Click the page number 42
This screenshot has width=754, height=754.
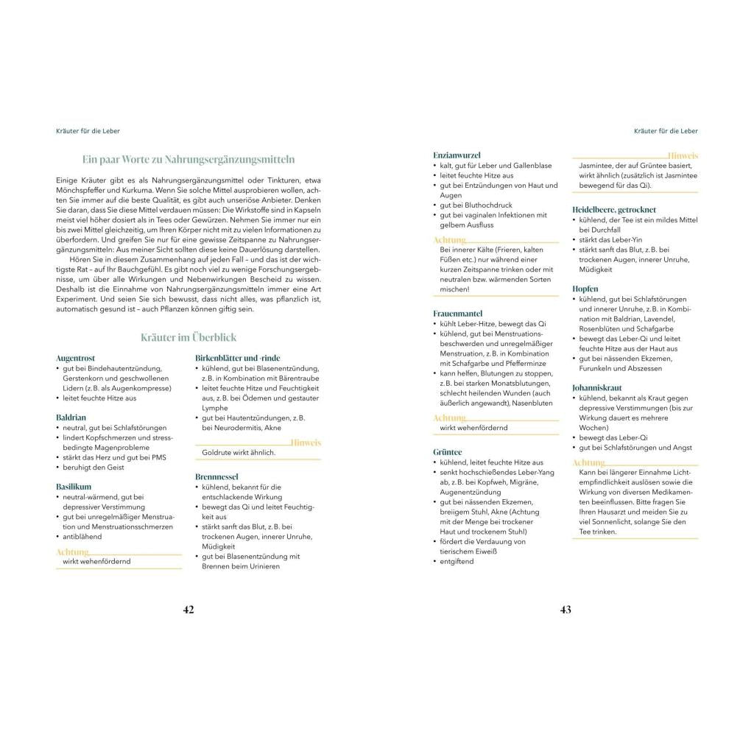(x=188, y=610)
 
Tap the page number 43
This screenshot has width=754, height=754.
(x=565, y=610)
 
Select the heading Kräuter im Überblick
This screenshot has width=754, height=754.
(x=188, y=337)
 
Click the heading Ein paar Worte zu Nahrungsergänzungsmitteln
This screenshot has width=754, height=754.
(x=188, y=159)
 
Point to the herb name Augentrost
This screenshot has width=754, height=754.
(x=75, y=358)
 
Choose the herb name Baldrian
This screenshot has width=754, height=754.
(x=71, y=417)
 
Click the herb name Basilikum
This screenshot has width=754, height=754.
(x=74, y=487)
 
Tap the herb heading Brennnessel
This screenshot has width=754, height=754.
(x=216, y=477)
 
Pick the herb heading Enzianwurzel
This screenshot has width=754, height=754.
(x=457, y=155)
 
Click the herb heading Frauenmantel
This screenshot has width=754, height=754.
(x=458, y=314)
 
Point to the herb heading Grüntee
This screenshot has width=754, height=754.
(x=448, y=452)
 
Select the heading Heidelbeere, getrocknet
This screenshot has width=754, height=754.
(x=614, y=210)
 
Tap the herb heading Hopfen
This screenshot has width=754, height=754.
(x=585, y=289)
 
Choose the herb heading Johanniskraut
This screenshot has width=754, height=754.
(x=597, y=387)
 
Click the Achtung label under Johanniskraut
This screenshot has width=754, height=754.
(x=588, y=462)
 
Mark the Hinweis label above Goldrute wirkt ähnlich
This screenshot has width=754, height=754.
(x=306, y=443)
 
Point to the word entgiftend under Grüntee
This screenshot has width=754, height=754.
(x=457, y=562)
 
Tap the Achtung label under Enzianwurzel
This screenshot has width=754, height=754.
(x=449, y=240)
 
